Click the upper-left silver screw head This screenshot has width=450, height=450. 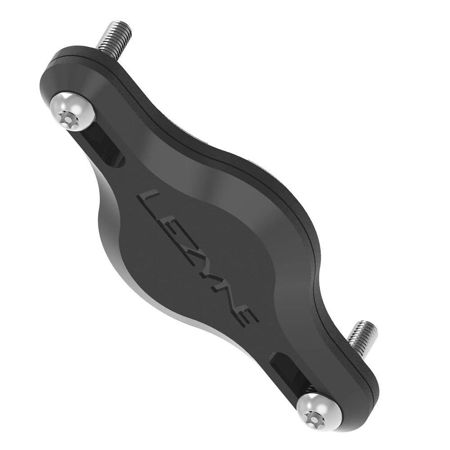[x=72, y=111]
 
